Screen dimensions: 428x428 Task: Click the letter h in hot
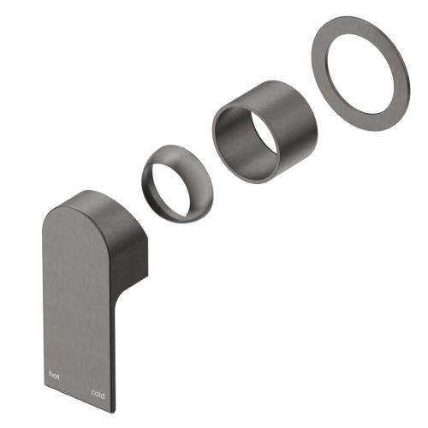point(51,374)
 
